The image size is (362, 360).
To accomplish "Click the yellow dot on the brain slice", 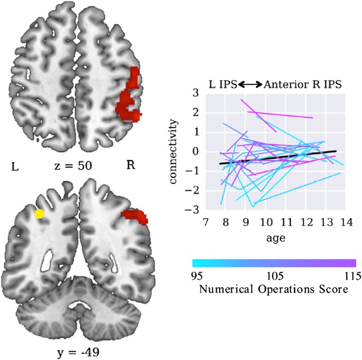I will click(x=39, y=214).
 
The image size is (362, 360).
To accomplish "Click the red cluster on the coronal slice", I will click(x=135, y=216).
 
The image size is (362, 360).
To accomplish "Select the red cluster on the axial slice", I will click(x=129, y=98).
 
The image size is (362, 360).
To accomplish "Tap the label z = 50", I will click(x=73, y=165).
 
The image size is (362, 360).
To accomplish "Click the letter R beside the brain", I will click(x=131, y=165).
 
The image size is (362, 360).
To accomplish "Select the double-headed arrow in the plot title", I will click(x=250, y=84).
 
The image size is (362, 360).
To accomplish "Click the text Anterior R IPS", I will click(x=302, y=84).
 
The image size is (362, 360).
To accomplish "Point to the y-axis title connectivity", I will click(x=175, y=153).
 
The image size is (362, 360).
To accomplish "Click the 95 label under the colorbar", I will click(x=196, y=275).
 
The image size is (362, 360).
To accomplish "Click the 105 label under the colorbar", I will click(x=274, y=275).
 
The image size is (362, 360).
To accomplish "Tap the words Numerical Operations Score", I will click(x=273, y=289).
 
